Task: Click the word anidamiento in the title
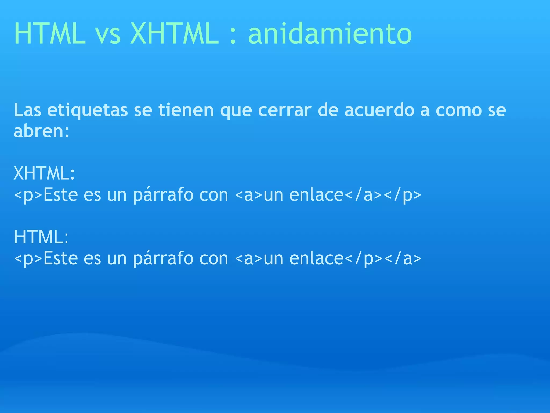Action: (x=330, y=34)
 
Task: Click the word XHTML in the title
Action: (x=174, y=34)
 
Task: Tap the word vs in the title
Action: (x=108, y=35)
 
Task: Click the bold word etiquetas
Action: (x=87, y=110)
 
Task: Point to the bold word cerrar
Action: (x=285, y=110)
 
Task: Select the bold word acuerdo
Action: (x=379, y=110)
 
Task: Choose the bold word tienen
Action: (x=186, y=110)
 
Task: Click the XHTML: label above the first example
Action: (x=44, y=173)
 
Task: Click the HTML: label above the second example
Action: (x=41, y=237)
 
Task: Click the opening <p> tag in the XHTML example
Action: (x=28, y=195)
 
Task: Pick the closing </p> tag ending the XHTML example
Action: (x=402, y=195)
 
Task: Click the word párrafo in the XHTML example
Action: (x=163, y=195)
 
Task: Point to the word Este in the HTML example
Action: (x=60, y=258)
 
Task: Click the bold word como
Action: (x=458, y=110)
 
